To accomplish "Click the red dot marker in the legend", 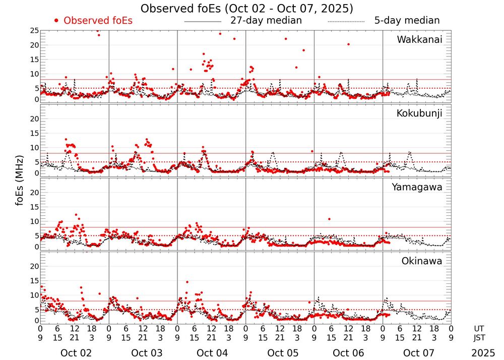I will pos(56,21).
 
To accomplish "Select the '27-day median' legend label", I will pos(266,21).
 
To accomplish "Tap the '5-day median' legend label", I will pos(407,21).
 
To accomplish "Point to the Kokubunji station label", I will pos(419,113).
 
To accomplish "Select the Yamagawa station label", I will pos(417,187).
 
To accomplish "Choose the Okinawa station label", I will pos(422,261).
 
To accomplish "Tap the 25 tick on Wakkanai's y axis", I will pos(34,31).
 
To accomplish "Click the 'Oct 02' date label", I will pos(76,353).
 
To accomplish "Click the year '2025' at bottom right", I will pos(483,353).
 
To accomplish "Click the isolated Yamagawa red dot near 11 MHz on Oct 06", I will pos(329,219).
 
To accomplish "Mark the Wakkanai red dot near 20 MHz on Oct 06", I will pos(348,44).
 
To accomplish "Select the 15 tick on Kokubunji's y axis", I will pos(34,133).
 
